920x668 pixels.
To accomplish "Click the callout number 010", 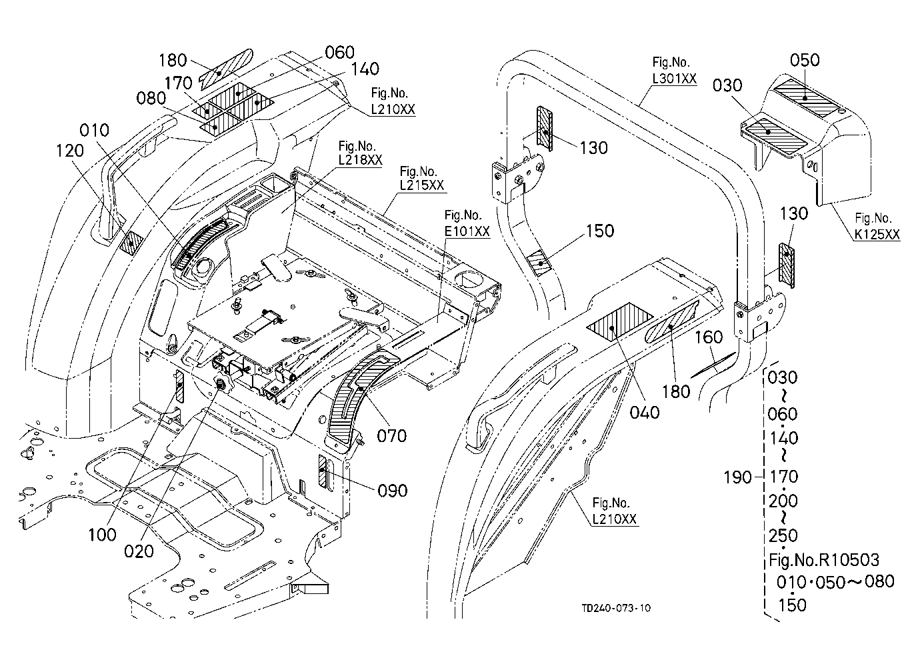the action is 94,131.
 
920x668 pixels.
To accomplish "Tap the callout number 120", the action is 70,151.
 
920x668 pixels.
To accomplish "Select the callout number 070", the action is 392,436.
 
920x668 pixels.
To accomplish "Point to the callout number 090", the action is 392,491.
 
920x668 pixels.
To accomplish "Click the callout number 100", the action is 102,535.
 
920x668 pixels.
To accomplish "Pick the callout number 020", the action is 139,551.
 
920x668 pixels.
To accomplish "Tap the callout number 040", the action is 645,413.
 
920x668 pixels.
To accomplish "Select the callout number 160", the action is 709,337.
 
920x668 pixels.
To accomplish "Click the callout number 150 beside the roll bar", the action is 600,231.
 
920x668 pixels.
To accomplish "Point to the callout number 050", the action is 805,61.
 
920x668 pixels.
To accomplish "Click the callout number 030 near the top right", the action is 727,85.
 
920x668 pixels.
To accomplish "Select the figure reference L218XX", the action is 360,160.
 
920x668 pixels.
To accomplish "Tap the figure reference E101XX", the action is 467,231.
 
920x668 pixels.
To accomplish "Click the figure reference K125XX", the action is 877,234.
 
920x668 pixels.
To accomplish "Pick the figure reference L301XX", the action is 675,78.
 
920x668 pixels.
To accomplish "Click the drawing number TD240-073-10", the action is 616,608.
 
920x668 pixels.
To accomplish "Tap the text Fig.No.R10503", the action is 824,560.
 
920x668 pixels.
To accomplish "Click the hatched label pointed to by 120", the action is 131,243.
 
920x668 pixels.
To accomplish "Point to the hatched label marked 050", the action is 805,98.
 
